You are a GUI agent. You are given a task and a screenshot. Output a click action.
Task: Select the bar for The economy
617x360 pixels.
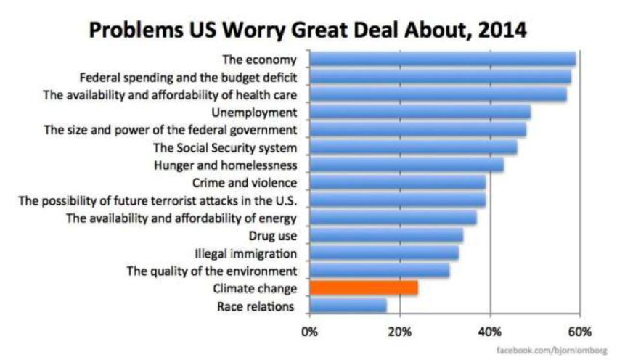[442, 60]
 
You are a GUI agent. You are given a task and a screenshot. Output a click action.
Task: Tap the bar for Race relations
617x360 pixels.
[348, 306]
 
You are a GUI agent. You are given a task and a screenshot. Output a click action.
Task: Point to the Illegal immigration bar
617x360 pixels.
[384, 253]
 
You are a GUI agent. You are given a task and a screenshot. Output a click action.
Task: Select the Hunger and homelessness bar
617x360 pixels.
[406, 165]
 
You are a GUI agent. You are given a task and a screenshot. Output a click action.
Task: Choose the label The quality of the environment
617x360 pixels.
[212, 271]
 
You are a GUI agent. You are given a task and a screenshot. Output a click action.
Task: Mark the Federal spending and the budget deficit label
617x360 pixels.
[188, 77]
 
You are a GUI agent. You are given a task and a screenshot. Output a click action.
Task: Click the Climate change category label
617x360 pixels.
[255, 288]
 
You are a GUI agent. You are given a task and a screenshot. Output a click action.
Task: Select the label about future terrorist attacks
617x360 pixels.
[158, 200]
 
